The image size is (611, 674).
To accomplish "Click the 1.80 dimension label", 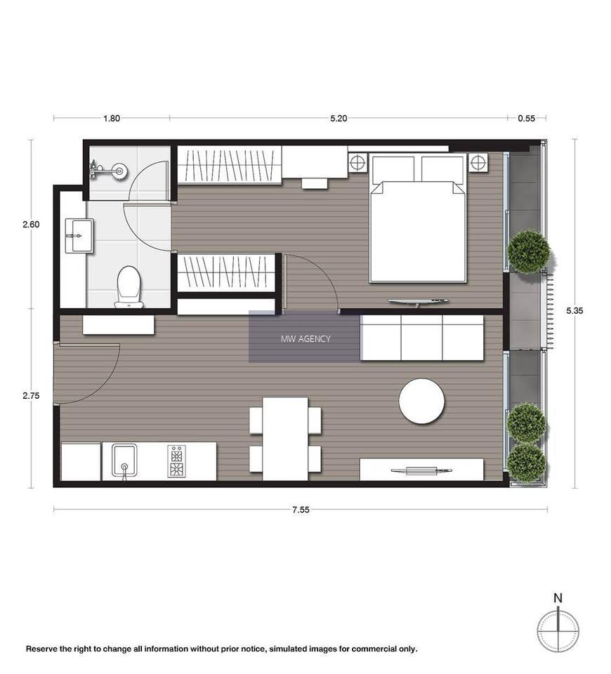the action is tap(112, 118).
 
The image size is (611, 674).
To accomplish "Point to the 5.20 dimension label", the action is tap(339, 118).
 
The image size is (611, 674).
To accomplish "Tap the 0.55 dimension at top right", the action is tap(526, 118).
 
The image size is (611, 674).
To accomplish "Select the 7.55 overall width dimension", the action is tap(301, 510).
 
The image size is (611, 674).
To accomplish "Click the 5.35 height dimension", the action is tap(574, 311).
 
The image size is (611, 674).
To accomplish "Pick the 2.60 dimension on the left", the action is tap(31, 225).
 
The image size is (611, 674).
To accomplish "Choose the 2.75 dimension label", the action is tap(31, 396).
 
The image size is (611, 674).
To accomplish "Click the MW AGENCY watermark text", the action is tap(305, 338).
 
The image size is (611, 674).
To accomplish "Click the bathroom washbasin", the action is tap(79, 236).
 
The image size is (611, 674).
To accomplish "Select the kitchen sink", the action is tap(124, 461).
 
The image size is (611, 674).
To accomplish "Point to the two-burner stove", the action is tap(176, 461).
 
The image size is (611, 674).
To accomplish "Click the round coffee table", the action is tap(421, 402).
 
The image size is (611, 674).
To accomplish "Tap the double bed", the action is tap(418, 219).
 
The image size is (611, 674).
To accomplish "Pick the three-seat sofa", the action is tap(422, 338).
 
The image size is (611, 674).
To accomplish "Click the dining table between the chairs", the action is tap(285, 439).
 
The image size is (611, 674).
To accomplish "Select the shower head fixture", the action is tap(107, 171).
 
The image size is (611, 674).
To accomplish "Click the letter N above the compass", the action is tap(558, 598).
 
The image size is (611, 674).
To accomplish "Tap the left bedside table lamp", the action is tap(357, 163).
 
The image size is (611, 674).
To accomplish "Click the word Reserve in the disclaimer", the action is tap(41, 649).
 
